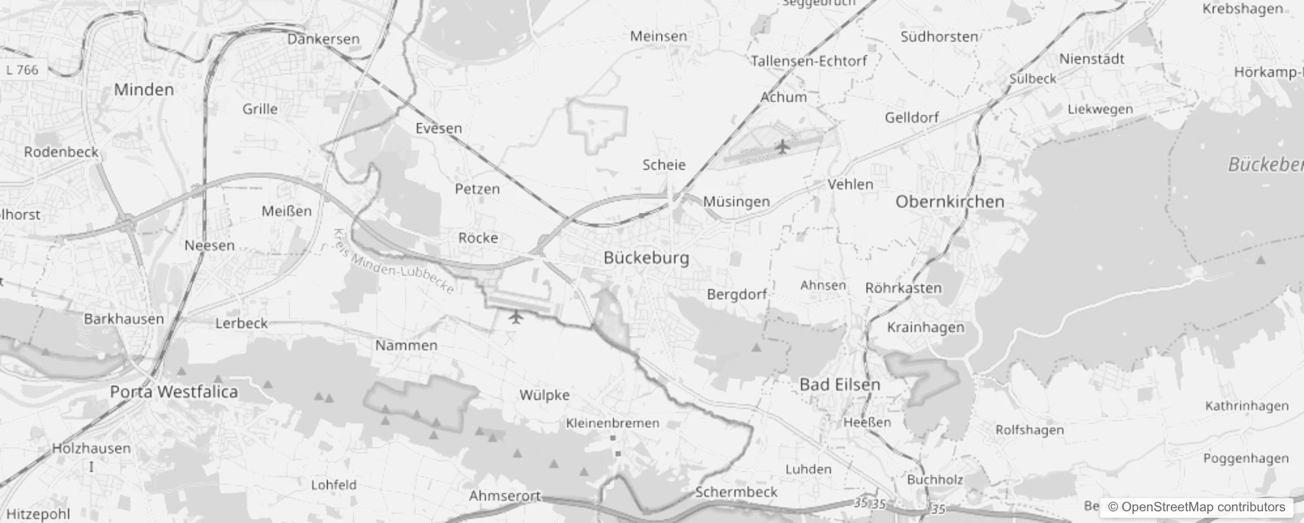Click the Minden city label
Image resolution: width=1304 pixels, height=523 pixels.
pos(144,90)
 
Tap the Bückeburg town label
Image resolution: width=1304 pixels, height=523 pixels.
pos(646,258)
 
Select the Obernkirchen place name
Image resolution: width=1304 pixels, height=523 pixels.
pos(949,201)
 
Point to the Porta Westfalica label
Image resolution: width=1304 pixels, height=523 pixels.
pos(174,392)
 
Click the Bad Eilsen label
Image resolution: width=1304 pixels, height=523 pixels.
pos(839,384)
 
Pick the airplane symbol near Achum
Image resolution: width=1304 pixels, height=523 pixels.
pos(782,147)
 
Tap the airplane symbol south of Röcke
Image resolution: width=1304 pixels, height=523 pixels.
pos(516,318)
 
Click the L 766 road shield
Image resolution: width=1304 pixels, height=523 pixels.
pos(23,70)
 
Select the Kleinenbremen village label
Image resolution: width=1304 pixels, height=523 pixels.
pos(612,423)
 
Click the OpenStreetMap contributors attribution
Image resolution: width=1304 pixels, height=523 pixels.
pos(1196,507)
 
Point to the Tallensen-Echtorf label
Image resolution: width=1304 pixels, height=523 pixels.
pos(809,61)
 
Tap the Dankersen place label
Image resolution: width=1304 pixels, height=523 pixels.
pos(323,39)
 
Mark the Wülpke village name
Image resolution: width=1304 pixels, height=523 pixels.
pos(544,395)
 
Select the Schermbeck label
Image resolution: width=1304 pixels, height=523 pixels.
pos(736,492)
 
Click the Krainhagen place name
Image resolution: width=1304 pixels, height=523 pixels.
pos(925,327)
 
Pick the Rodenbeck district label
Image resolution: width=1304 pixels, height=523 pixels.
pos(61,152)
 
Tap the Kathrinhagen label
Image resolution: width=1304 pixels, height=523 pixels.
pos(1247,406)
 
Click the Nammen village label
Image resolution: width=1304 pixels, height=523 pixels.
pos(406,345)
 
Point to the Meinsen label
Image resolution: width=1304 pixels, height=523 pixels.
pos(659,37)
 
